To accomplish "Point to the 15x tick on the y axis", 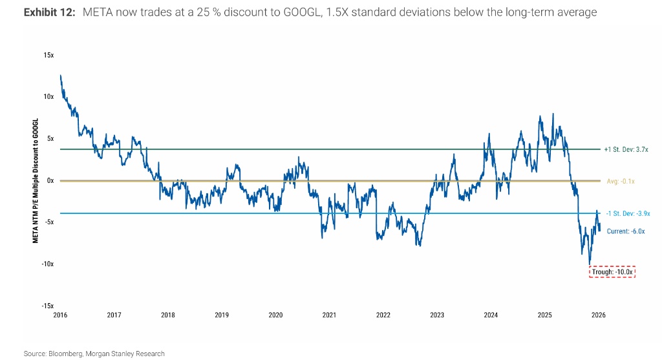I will click(x=49, y=55).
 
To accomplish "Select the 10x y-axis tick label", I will click(x=49, y=97).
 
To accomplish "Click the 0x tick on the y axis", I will click(x=50, y=180).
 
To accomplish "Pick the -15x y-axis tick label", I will click(x=48, y=306).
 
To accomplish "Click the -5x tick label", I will click(x=49, y=222).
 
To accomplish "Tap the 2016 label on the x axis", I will click(x=60, y=315).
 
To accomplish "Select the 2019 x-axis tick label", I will click(x=222, y=315).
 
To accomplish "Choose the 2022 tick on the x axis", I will click(x=383, y=315).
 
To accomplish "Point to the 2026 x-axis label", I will click(x=599, y=315).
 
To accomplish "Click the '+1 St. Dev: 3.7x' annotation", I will click(x=626, y=149).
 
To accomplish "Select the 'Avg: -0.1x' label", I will click(x=621, y=182).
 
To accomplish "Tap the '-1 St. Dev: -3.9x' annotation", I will click(x=627, y=213).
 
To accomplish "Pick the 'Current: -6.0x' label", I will click(x=626, y=231).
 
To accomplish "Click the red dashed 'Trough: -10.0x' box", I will click(x=613, y=272).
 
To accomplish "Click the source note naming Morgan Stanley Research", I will click(x=94, y=354).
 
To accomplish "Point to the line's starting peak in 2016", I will click(x=60, y=76).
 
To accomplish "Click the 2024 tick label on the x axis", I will click(x=491, y=315).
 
